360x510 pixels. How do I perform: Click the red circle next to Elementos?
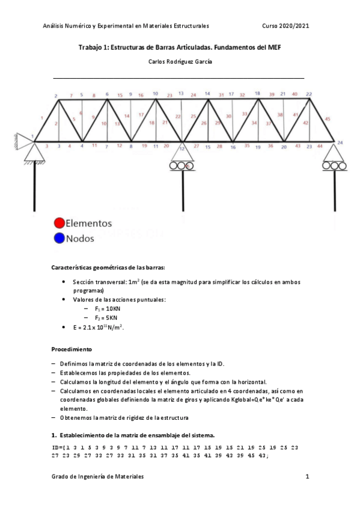pos(59,223)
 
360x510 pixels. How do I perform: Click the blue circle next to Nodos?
pos(59,238)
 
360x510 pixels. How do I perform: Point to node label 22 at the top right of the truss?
pos(309,94)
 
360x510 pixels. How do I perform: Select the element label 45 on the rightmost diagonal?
pos(327,119)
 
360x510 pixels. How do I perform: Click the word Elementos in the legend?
pos(89,223)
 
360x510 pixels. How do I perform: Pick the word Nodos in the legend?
pos(81,238)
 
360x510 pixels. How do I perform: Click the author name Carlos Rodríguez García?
pos(180,61)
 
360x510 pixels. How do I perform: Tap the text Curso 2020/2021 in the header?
pos(286,26)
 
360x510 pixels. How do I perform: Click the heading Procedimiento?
pos(72,348)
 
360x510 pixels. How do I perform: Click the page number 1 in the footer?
pos(307,476)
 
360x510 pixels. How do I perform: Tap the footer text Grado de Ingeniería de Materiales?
pos(97,476)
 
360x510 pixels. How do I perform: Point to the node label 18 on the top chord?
pos(257,94)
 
